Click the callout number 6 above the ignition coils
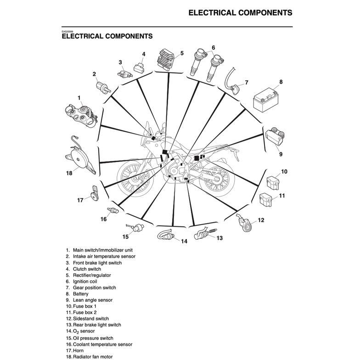coord(213,47)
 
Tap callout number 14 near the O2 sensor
coord(184,242)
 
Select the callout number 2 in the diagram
coord(94,74)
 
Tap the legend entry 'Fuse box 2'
coord(84,313)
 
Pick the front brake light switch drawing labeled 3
coord(123,73)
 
